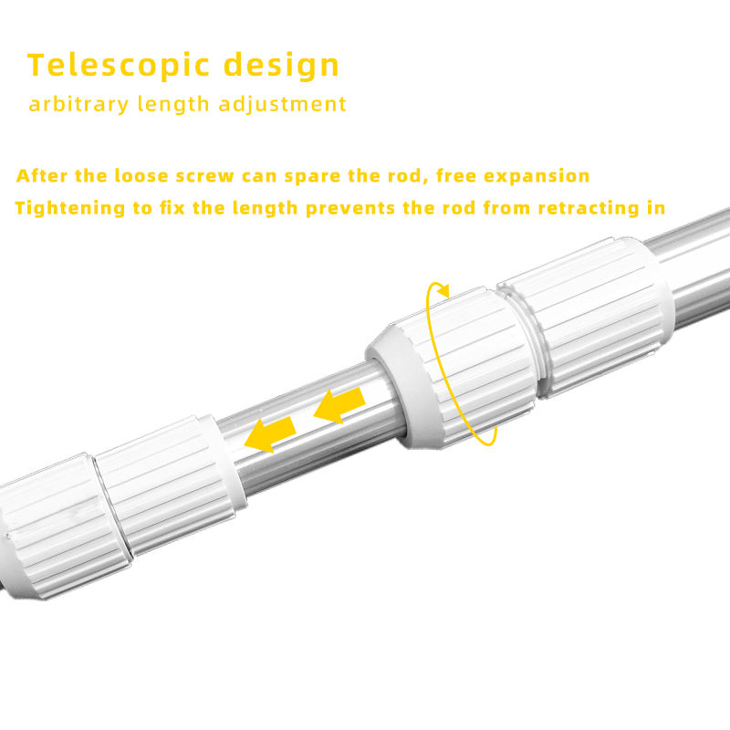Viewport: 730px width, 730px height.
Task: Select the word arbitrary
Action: [x=78, y=104]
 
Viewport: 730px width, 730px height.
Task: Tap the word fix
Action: [x=172, y=208]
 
